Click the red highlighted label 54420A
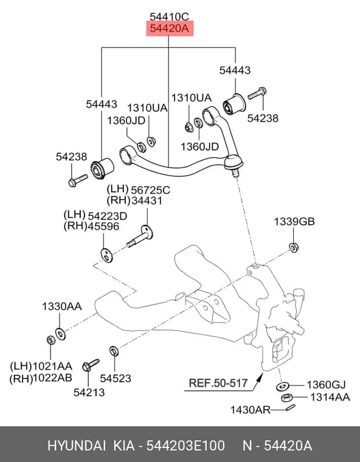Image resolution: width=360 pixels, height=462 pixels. click(170, 29)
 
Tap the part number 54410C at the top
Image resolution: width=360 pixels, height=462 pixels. click(169, 16)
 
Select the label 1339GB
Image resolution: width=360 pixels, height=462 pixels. click(294, 221)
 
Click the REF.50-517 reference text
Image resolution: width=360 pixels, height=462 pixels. click(218, 383)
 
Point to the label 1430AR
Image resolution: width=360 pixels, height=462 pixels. click(251, 410)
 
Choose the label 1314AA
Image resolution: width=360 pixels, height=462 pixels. click(330, 397)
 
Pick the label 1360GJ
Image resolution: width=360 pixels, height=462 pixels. click(326, 385)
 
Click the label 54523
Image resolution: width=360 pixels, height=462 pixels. click(116, 378)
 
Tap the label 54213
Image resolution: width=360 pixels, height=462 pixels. click(89, 392)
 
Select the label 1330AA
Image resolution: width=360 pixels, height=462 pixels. click(62, 307)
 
